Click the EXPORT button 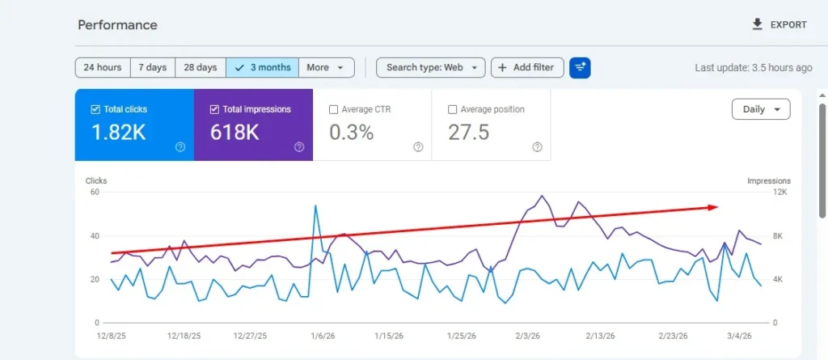pyautogui.click(x=779, y=25)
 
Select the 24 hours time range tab pyautogui.click(x=103, y=68)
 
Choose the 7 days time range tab pyautogui.click(x=153, y=68)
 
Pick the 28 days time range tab pyautogui.click(x=200, y=68)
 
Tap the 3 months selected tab pyautogui.click(x=262, y=68)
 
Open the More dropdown pyautogui.click(x=326, y=68)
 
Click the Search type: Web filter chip pyautogui.click(x=430, y=68)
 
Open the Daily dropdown pyautogui.click(x=760, y=109)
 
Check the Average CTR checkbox pyautogui.click(x=334, y=109)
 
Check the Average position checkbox pyautogui.click(x=453, y=109)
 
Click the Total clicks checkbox pyautogui.click(x=96, y=109)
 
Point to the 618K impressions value pyautogui.click(x=234, y=133)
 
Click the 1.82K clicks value pyautogui.click(x=119, y=133)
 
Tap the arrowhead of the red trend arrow pyautogui.click(x=713, y=207)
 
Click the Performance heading pyautogui.click(x=117, y=25)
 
